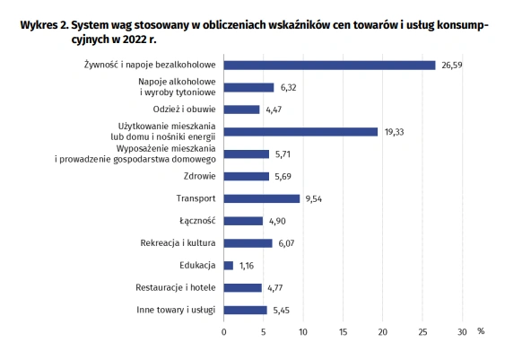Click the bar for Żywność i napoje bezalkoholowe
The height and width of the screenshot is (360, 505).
(329, 66)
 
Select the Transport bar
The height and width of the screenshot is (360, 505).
(262, 198)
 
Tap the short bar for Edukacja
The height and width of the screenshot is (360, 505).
(229, 266)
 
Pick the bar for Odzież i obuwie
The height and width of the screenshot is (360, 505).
(241, 110)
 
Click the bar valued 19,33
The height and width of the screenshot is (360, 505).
(300, 132)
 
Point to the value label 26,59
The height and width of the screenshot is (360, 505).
(452, 66)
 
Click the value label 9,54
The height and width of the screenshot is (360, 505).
(314, 199)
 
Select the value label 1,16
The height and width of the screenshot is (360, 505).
(247, 266)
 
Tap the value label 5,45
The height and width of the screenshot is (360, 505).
(281, 311)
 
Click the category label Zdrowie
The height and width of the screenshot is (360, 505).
(199, 176)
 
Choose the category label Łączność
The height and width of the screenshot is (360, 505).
(197, 221)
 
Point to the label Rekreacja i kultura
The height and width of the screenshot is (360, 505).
(178, 242)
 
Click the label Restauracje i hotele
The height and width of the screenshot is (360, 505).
(176, 287)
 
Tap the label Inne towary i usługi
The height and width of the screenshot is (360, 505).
(176, 310)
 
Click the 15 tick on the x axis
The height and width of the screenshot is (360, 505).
(343, 332)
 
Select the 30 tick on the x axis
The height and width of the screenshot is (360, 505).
(462, 332)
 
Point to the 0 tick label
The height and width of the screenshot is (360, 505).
(224, 332)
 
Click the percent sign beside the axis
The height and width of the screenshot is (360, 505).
(481, 331)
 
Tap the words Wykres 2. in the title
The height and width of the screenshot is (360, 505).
(45, 25)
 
